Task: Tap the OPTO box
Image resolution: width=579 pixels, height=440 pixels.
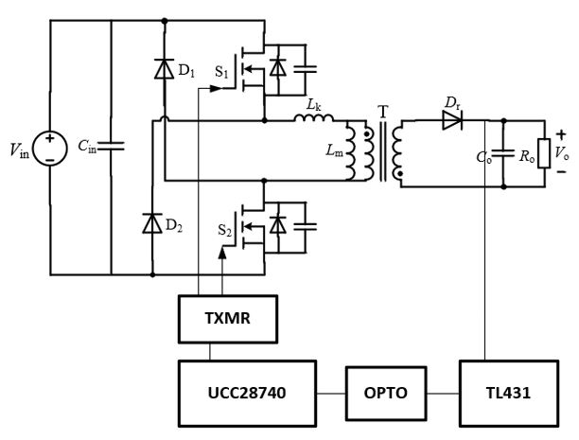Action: [x=385, y=390]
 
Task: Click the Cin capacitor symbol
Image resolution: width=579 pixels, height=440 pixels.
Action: [x=112, y=146]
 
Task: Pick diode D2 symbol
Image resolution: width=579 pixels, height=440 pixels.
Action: [x=152, y=223]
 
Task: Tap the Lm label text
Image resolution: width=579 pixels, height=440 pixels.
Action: [x=334, y=150]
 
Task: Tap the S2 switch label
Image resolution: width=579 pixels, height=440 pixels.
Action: [x=225, y=230]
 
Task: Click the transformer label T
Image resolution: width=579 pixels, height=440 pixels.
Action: [x=382, y=111]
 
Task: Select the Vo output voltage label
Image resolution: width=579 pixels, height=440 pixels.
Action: [x=562, y=152]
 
